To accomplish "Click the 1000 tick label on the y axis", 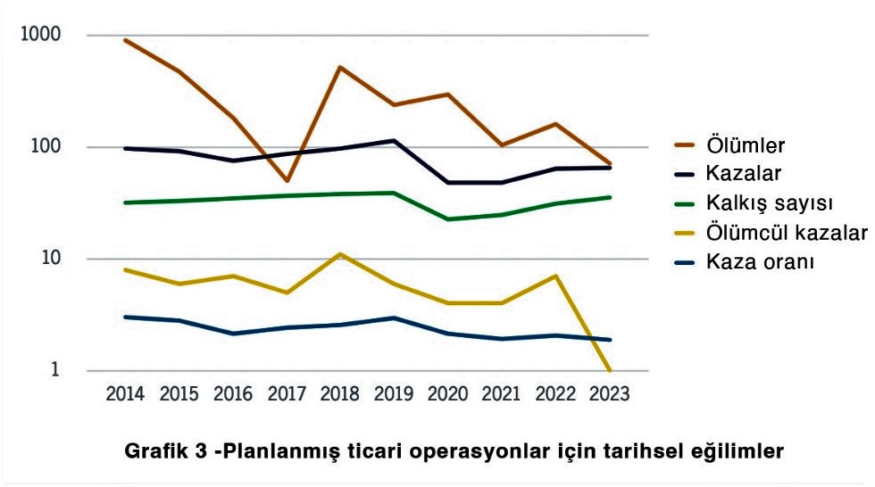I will click(40, 35).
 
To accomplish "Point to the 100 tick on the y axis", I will click(46, 147).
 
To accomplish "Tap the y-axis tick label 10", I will click(50, 259).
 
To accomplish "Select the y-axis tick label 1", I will click(55, 370).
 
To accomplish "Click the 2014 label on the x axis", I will click(125, 394).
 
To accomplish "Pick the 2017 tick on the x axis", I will click(287, 394).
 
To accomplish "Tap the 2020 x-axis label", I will click(448, 394).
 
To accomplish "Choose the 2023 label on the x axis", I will click(610, 394).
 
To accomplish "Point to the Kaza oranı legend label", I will click(759, 262).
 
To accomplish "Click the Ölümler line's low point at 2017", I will click(287, 181).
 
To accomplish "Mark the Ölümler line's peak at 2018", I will click(340, 67).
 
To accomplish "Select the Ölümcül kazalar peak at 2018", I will click(340, 254).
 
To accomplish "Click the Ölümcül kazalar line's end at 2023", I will click(610, 369).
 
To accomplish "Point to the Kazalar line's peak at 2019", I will click(394, 140).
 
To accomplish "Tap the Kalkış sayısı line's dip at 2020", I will click(448, 219).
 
